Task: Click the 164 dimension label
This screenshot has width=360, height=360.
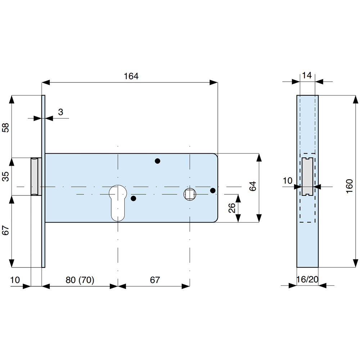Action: [131, 76]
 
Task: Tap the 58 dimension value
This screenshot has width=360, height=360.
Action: [6, 127]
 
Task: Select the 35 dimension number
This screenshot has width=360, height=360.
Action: [6, 176]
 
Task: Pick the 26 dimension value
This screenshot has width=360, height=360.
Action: [232, 208]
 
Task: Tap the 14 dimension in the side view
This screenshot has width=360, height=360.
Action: [307, 75]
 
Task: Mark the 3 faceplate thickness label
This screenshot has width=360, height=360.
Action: [60, 112]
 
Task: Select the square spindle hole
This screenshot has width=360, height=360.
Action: [189, 194]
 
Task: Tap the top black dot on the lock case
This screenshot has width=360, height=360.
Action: [157, 161]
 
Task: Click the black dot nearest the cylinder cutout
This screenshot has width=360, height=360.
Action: [134, 198]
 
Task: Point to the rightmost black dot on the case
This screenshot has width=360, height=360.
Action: [213, 190]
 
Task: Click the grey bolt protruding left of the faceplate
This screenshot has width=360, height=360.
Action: [35, 176]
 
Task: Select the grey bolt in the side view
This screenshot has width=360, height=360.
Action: [307, 176]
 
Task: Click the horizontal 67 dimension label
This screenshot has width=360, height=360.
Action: [155, 280]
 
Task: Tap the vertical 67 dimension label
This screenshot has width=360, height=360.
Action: [6, 230]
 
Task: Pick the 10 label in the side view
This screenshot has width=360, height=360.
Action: [288, 180]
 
